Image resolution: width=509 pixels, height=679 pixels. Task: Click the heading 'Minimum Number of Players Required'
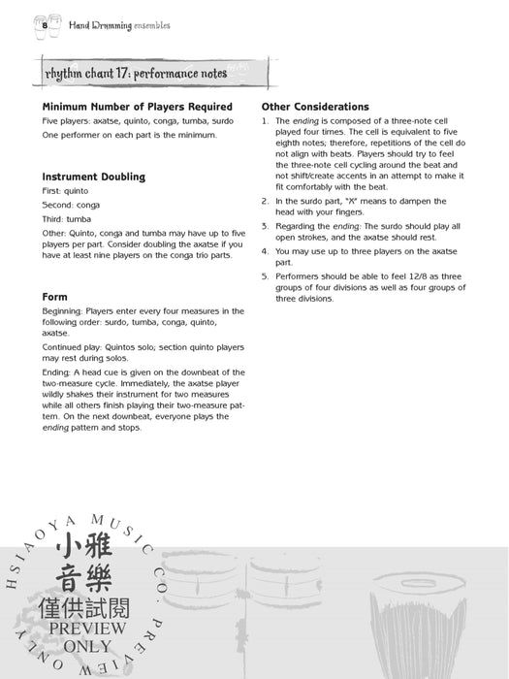click(x=138, y=107)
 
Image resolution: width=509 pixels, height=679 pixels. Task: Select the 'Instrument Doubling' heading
click(x=94, y=178)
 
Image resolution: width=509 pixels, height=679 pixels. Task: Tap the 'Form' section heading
click(x=54, y=296)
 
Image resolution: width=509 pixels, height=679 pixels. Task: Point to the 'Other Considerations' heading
click(x=315, y=107)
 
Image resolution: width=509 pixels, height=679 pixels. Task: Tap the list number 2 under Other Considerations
click(x=265, y=201)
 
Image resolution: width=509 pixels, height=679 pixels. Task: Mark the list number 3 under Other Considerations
click(x=265, y=226)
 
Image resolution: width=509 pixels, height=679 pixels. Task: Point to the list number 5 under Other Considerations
click(x=265, y=276)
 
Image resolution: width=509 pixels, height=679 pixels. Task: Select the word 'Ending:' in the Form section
click(x=56, y=372)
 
